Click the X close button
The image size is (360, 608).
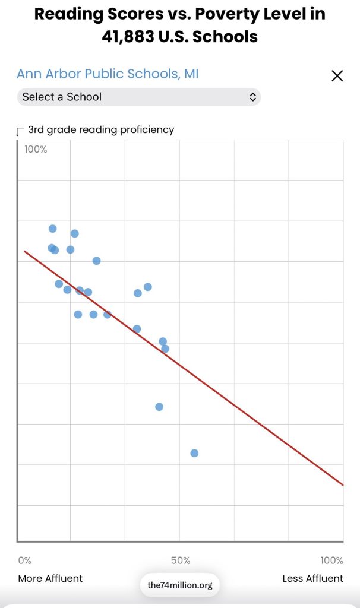tap(337, 75)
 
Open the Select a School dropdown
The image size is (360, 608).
tap(138, 97)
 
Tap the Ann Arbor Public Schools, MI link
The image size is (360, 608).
tap(108, 74)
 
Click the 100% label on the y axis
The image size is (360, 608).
tap(36, 149)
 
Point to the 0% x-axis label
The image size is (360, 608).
tap(24, 560)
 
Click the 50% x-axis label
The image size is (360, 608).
tap(181, 560)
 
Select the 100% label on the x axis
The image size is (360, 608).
tap(331, 560)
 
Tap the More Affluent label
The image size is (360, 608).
tap(50, 578)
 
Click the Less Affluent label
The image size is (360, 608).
tap(312, 578)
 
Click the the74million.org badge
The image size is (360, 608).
tap(180, 585)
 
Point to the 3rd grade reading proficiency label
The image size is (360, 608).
tap(101, 129)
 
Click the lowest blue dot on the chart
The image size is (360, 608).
tap(194, 453)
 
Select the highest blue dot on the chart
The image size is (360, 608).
tap(52, 229)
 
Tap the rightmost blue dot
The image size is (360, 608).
tap(194, 453)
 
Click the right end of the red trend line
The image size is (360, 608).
tap(342, 484)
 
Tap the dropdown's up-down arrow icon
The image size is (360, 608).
tap(252, 97)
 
